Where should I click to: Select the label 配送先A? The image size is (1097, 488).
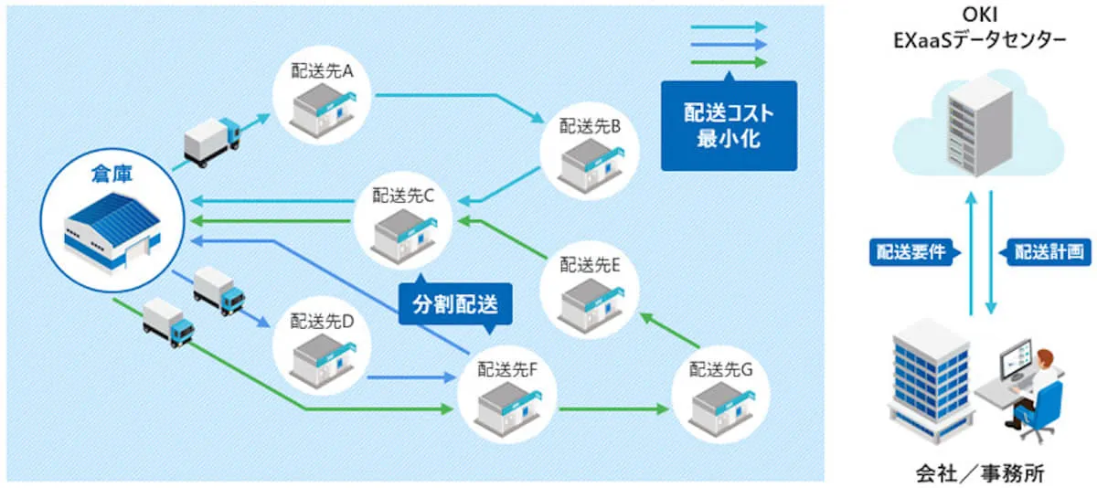[x=322, y=71]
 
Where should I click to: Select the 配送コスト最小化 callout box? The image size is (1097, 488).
[x=729, y=126]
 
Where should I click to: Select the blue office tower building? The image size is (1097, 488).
[x=927, y=379]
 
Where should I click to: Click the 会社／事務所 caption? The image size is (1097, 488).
[x=978, y=472]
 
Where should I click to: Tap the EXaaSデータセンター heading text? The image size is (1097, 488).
[x=978, y=40]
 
